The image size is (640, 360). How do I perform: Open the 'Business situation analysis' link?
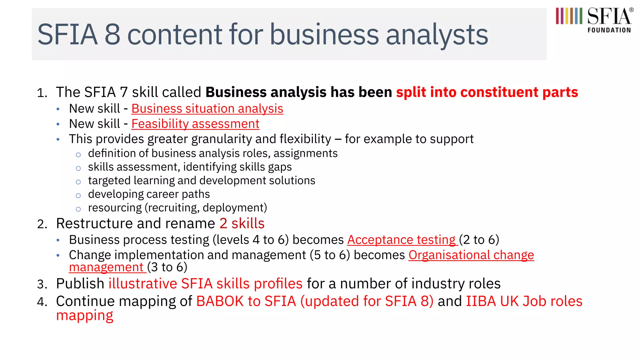(207, 109)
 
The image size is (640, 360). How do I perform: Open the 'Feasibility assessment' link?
(195, 124)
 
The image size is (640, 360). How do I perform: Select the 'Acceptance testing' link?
(402, 240)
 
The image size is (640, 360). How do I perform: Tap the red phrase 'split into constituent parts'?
(487, 92)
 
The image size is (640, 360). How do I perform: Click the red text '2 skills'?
(242, 224)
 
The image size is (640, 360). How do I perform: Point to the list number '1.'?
(42, 93)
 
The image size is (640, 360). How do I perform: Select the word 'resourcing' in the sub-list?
(115, 208)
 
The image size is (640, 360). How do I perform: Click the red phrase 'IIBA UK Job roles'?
(524, 302)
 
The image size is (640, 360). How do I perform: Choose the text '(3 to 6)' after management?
(167, 267)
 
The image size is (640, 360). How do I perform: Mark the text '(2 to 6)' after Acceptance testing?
(479, 240)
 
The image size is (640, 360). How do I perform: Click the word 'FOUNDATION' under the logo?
(609, 30)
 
